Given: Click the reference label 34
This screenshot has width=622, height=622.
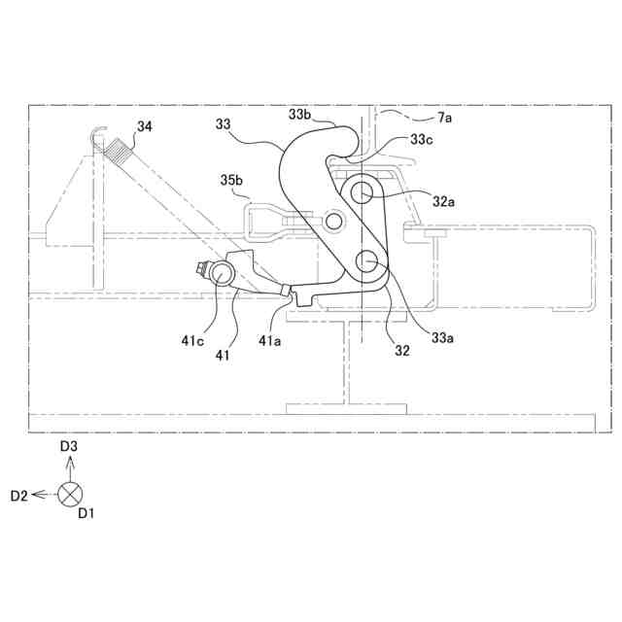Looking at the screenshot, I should click(x=144, y=126).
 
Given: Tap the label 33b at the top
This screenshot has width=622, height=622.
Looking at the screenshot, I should click(x=300, y=115).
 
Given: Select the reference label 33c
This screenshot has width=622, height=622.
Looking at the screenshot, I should click(x=421, y=139).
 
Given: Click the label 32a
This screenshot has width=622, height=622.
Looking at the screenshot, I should click(x=443, y=201).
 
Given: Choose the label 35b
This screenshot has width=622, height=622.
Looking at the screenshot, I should click(x=232, y=181).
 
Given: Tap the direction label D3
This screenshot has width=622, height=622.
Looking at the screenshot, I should click(x=69, y=446).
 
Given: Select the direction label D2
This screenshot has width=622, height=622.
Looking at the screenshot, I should click(x=19, y=496).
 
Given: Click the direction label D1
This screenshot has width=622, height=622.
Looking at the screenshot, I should click(x=86, y=512).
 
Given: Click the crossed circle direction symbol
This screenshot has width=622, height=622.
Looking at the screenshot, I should click(x=70, y=495).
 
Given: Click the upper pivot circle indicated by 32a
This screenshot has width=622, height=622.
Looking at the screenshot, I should click(x=367, y=192).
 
